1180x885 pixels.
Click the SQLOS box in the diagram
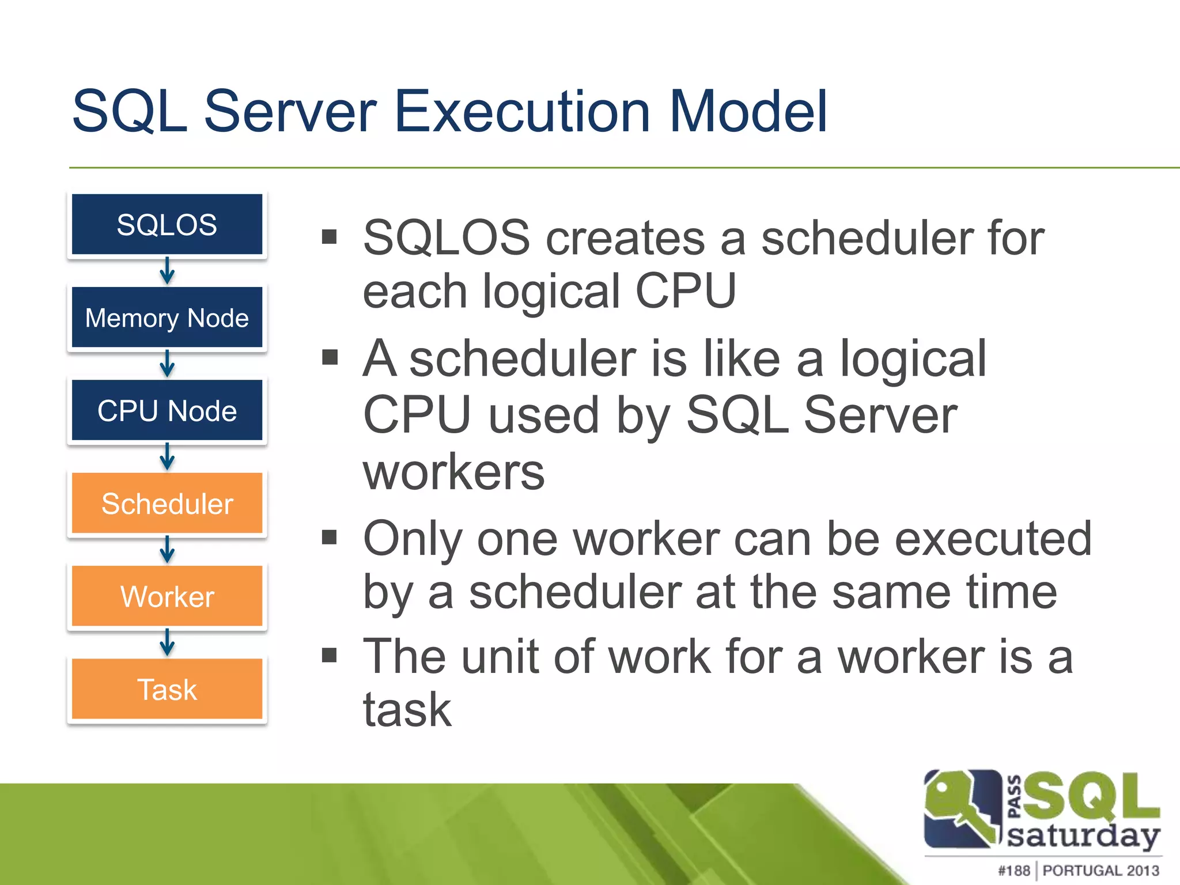(167, 225)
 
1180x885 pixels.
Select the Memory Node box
(167, 317)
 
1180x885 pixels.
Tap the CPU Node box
(167, 410)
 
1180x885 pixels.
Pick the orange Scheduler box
(167, 504)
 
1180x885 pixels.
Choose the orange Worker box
(167, 596)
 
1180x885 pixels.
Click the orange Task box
(167, 689)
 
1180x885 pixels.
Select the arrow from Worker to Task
(167, 642)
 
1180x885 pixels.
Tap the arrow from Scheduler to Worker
(167, 550)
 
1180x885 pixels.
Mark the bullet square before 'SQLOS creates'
(329, 237)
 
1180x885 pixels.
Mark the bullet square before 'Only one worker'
(329, 538)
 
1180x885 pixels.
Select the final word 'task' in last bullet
(407, 710)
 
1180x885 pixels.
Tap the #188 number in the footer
(1013, 870)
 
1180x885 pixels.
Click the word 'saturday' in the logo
(1083, 836)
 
